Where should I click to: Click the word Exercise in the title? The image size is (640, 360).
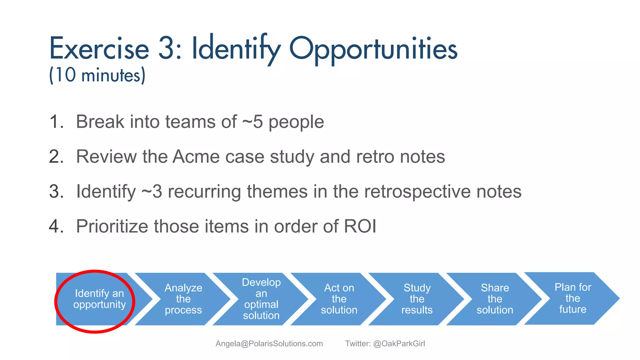99,48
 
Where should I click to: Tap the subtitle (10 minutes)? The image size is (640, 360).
97,75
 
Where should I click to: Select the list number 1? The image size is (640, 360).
56,122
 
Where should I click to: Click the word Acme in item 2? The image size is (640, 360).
196,157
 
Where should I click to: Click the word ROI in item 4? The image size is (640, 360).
360,226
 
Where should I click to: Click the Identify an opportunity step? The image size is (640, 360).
99,299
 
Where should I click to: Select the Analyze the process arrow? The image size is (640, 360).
183,299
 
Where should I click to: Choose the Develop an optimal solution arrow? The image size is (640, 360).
261,299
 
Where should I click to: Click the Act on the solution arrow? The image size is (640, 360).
339,299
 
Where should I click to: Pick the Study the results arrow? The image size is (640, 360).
417,299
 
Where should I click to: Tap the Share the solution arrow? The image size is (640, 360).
495,299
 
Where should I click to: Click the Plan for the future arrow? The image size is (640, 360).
573,298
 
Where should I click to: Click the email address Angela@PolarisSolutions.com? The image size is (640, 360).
269,344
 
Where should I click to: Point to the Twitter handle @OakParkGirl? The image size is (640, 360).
399,344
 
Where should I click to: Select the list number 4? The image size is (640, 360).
56,226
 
